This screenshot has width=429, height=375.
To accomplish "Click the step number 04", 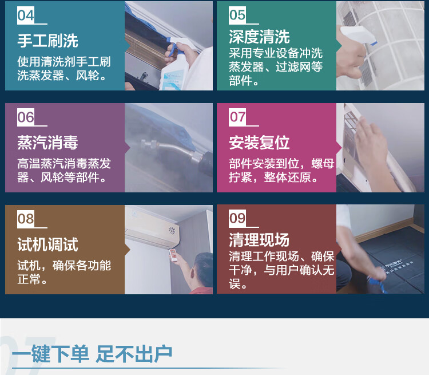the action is pyautogui.click(x=26, y=15).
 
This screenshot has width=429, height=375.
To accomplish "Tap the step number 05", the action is pyautogui.click(x=237, y=15).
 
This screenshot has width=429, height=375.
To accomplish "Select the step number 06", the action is pyautogui.click(x=26, y=117).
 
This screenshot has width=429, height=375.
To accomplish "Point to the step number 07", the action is pyautogui.click(x=237, y=117).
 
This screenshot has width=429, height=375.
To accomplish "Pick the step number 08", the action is pyautogui.click(x=26, y=219).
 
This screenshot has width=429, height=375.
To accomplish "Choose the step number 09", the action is pyautogui.click(x=237, y=219).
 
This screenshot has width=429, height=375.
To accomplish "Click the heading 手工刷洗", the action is pyautogui.click(x=47, y=41).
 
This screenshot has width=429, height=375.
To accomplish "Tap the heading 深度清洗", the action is pyautogui.click(x=259, y=37).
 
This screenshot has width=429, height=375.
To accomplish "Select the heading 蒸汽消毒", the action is pyautogui.click(x=47, y=143).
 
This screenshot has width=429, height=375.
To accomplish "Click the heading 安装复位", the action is pyautogui.click(x=259, y=143).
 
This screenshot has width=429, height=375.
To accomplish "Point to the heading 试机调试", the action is pyautogui.click(x=47, y=244).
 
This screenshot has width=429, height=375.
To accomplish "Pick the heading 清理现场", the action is pyautogui.click(x=259, y=240).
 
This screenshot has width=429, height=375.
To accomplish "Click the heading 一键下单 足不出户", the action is pyautogui.click(x=92, y=354).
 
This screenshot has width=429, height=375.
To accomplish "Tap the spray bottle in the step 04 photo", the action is pyautogui.click(x=175, y=67).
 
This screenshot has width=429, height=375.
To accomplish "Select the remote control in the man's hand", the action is pyautogui.click(x=173, y=255).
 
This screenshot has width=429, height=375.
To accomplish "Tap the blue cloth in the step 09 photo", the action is pyautogui.click(x=377, y=284).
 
